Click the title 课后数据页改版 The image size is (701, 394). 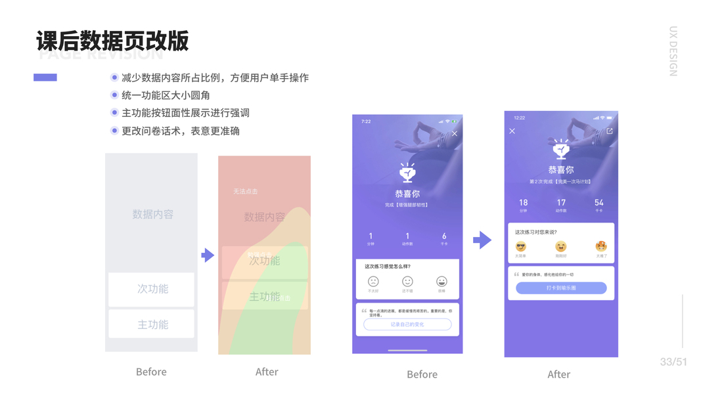112,41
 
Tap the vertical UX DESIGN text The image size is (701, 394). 673,51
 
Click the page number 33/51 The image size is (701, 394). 673,362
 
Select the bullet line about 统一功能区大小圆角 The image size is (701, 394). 166,95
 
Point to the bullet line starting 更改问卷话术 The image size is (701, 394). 180,131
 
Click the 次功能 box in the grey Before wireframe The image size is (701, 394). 152,289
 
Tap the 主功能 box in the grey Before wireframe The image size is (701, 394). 152,324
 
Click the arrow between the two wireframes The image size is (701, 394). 208,255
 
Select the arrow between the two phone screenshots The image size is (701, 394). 482,240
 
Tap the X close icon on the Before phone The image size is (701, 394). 454,134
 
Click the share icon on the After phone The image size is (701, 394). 610,131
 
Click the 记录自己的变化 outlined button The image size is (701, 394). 407,324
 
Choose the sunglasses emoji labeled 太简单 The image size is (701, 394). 521,247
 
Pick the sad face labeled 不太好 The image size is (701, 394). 373,282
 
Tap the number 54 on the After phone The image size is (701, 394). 599,202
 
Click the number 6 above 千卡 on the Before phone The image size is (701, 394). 444,236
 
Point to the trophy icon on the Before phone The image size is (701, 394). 407,172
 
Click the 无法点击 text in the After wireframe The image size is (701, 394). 245,192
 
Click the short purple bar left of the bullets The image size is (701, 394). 45,77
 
